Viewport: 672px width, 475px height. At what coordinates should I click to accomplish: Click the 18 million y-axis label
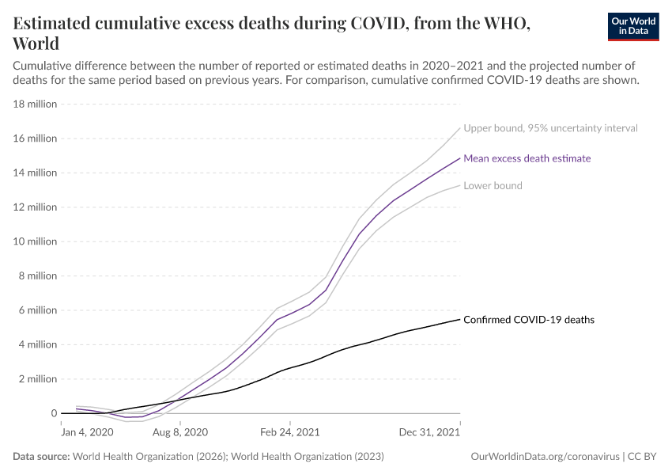pyautogui.click(x=35, y=104)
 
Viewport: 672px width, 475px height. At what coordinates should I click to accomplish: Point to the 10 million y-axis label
pyautogui.click(x=35, y=241)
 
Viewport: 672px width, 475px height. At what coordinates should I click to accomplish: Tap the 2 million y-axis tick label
pyautogui.click(x=37, y=379)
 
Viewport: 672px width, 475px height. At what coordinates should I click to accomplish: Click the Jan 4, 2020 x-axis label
pyautogui.click(x=87, y=433)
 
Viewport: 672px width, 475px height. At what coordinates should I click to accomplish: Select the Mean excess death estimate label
pyautogui.click(x=527, y=158)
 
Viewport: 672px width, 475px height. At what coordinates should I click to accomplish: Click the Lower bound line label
pyautogui.click(x=493, y=186)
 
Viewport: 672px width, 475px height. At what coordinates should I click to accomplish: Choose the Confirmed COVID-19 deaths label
pyautogui.click(x=529, y=320)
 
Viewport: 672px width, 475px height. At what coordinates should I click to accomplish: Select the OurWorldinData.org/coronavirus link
pyautogui.click(x=545, y=457)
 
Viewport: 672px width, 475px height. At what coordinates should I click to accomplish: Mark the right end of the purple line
pyautogui.click(x=459, y=158)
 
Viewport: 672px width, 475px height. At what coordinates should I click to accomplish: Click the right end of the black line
pyautogui.click(x=459, y=319)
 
